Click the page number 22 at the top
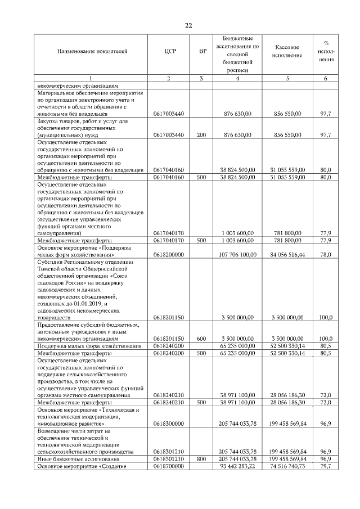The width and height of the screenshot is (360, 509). tap(188, 25)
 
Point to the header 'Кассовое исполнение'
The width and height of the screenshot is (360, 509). tap(287, 52)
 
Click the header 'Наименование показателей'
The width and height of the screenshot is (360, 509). tap(92, 52)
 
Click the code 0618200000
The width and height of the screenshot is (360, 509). tap(169, 254)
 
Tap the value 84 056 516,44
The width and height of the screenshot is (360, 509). tap(287, 254)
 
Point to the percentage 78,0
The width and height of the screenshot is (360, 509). tap(325, 254)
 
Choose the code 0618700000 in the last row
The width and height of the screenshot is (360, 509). tap(169, 466)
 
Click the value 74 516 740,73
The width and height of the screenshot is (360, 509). tap(287, 466)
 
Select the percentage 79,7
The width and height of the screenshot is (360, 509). tap(325, 466)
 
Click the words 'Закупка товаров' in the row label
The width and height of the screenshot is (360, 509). tap(58, 121)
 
